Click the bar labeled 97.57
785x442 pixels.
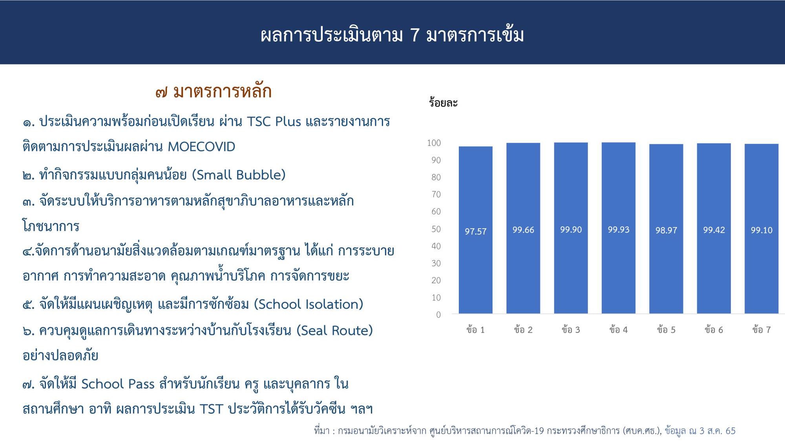coord(475,230)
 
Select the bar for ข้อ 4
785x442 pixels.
coord(618,228)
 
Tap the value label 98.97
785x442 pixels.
coord(666,231)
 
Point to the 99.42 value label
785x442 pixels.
coord(714,230)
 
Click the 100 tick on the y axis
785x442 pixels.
coord(434,143)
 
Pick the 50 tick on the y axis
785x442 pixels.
coord(436,229)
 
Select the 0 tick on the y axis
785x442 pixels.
coord(438,315)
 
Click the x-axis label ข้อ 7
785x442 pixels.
coord(761,330)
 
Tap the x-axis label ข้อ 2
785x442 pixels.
coord(523,330)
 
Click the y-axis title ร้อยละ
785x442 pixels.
coord(443,103)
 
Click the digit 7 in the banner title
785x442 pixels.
coord(415,35)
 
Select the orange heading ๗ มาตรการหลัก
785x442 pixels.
coord(213,92)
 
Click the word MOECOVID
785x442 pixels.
coord(201,147)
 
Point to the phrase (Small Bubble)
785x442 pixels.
coord(239,175)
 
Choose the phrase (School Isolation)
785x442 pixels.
coord(309,304)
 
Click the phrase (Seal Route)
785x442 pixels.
coord(334,330)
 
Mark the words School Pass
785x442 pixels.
coord(118,384)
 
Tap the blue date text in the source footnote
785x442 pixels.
coord(700,431)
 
